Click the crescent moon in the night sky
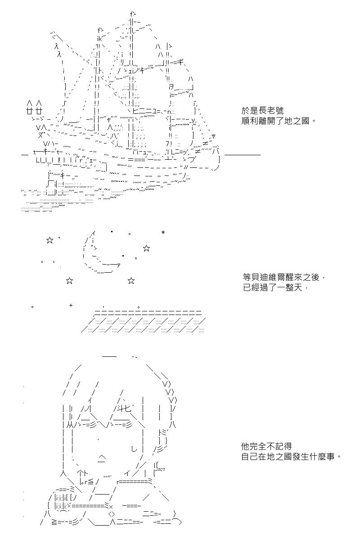pyautogui.click(x=97, y=254)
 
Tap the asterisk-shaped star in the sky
pyautogui.click(x=163, y=233)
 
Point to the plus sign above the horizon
pyautogui.click(x=71, y=306)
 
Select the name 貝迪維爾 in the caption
pyautogui.click(x=266, y=279)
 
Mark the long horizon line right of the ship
pyautogui.click(x=242, y=155)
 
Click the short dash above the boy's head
pyautogui.click(x=109, y=356)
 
